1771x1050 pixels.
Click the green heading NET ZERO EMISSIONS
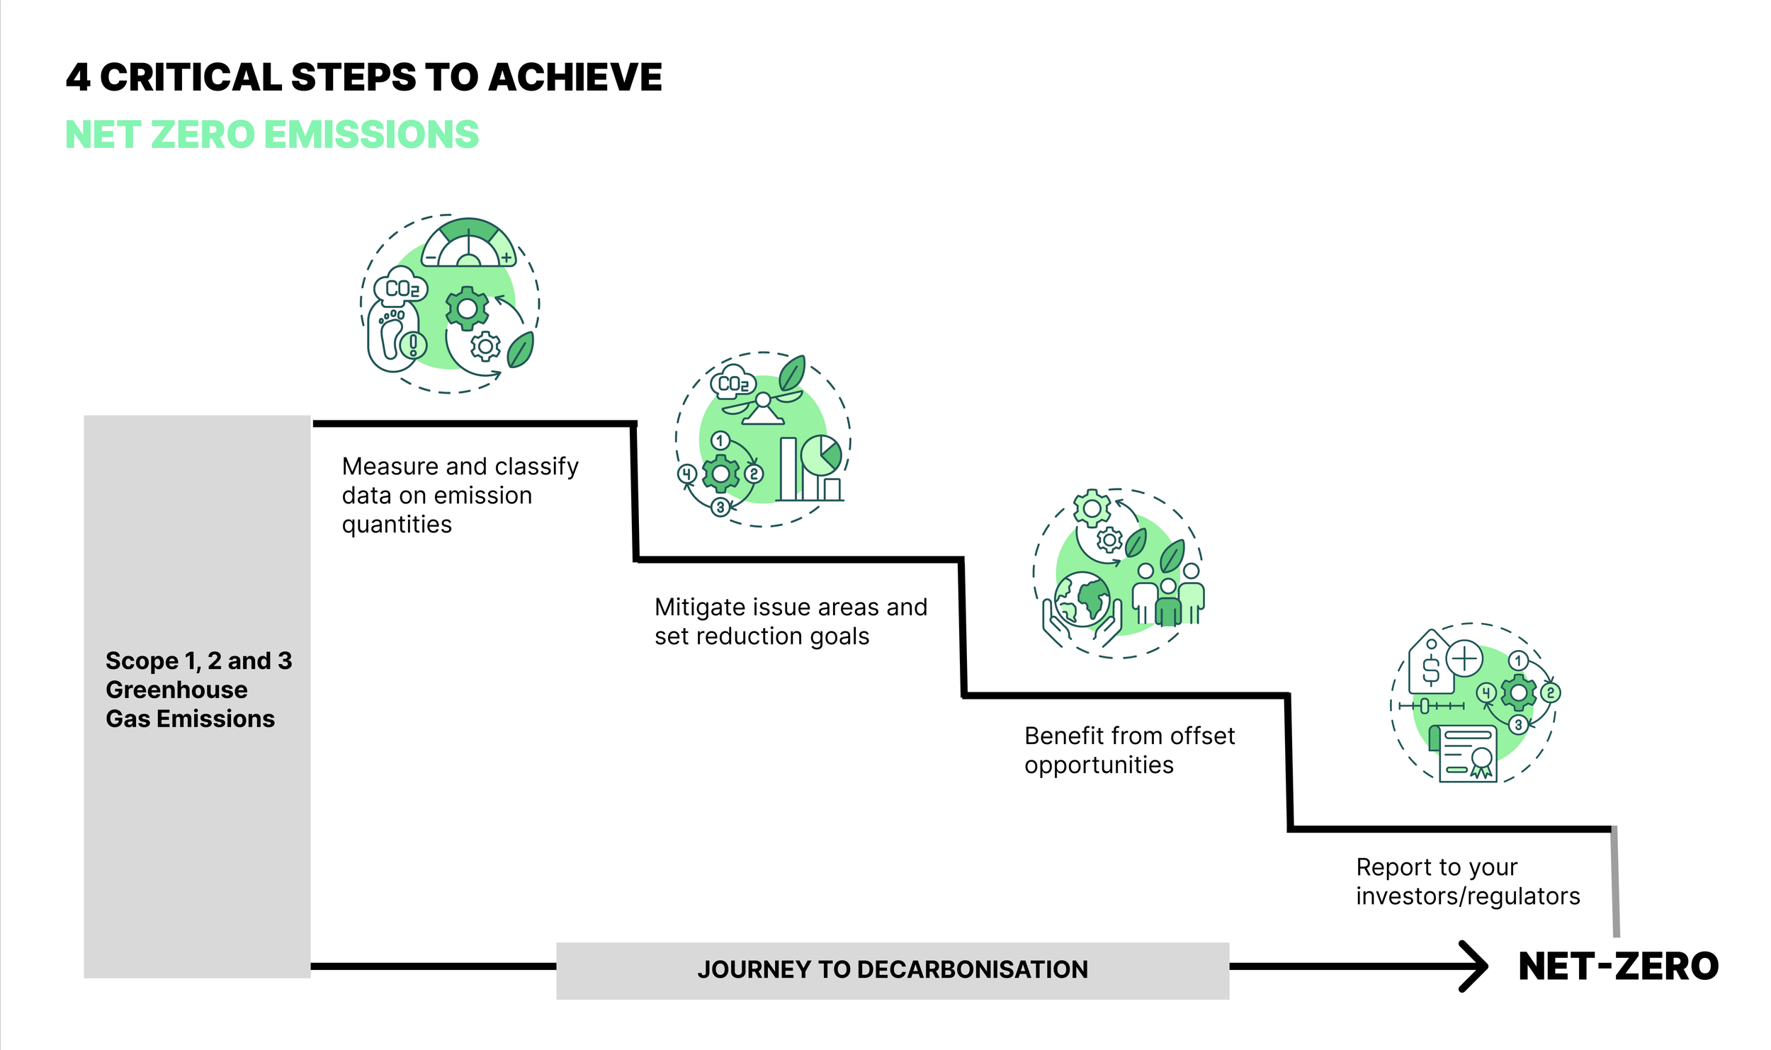point(272,135)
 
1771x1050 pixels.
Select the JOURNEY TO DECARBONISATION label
point(892,969)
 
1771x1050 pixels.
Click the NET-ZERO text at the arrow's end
point(1618,966)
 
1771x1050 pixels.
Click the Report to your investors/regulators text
point(1467,881)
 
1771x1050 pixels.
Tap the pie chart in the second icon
point(822,455)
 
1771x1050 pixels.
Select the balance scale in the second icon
point(762,407)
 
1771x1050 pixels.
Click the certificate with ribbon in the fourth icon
point(1468,754)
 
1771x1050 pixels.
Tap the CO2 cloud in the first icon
point(400,287)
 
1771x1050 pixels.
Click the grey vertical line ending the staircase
point(1615,882)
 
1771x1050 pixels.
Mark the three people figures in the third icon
point(1169,595)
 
